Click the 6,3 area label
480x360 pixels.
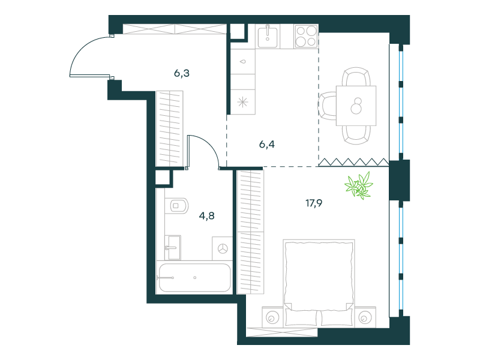click(x=182, y=73)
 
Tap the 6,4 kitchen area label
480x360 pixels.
click(x=267, y=144)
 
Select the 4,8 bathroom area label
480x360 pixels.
click(x=206, y=216)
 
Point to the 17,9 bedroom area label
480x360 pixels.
click(x=314, y=203)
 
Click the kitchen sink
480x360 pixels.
click(x=268, y=37)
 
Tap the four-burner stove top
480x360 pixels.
click(x=306, y=37)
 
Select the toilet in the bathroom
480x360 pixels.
click(x=176, y=206)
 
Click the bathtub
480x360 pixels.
click(x=194, y=278)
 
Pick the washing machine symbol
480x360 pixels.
click(x=223, y=248)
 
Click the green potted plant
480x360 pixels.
click(x=359, y=185)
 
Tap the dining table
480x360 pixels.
click(x=356, y=106)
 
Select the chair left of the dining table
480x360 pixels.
click(x=327, y=106)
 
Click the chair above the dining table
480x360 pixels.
click(x=356, y=77)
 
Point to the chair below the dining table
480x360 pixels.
click(x=356, y=134)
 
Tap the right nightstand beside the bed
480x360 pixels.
click(x=365, y=317)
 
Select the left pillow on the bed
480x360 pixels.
click(x=302, y=317)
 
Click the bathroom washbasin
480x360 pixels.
click(x=173, y=248)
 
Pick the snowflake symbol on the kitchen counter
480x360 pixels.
click(x=242, y=102)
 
